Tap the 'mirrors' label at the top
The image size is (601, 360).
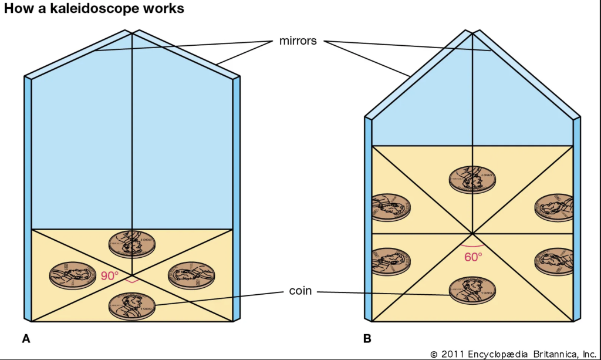click(x=298, y=41)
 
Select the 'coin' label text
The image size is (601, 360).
click(x=300, y=291)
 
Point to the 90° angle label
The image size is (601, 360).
click(x=110, y=275)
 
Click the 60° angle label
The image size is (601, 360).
click(x=474, y=257)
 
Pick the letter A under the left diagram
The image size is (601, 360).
click(x=26, y=338)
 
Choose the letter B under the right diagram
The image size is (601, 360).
click(x=367, y=338)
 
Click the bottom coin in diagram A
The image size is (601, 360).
click(x=132, y=306)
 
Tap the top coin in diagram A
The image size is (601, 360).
click(x=132, y=244)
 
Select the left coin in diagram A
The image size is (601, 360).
click(x=73, y=275)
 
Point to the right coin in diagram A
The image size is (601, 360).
click(x=191, y=275)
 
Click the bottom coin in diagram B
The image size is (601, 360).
click(x=472, y=290)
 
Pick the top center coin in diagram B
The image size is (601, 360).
click(x=472, y=180)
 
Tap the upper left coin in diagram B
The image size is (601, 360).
click(x=391, y=207)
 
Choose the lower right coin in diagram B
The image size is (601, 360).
click(x=554, y=261)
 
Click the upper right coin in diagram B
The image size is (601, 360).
click(x=554, y=207)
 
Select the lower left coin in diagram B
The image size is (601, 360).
click(x=391, y=261)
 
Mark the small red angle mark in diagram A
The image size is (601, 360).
click(x=132, y=282)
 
